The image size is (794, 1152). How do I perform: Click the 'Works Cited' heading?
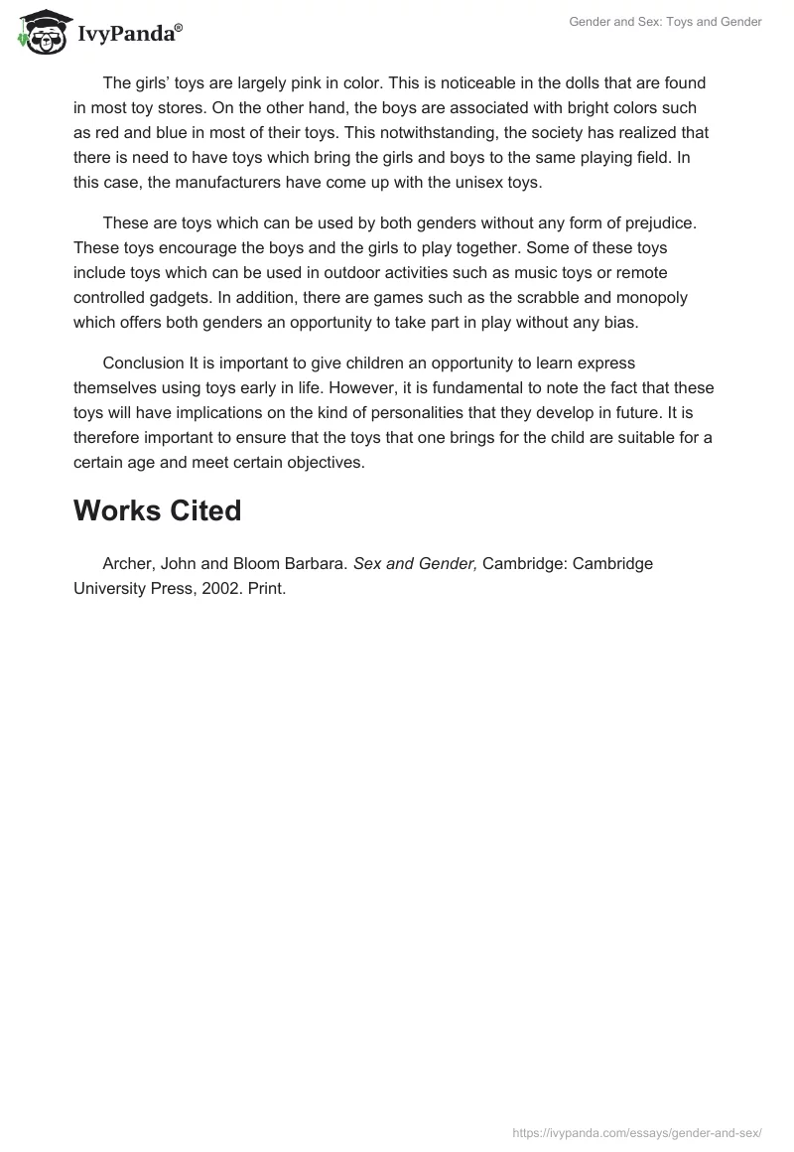click(157, 510)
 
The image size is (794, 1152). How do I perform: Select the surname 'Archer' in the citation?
click(127, 564)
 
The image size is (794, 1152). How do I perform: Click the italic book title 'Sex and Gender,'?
click(416, 564)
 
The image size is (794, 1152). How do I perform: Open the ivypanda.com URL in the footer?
click(636, 1131)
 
